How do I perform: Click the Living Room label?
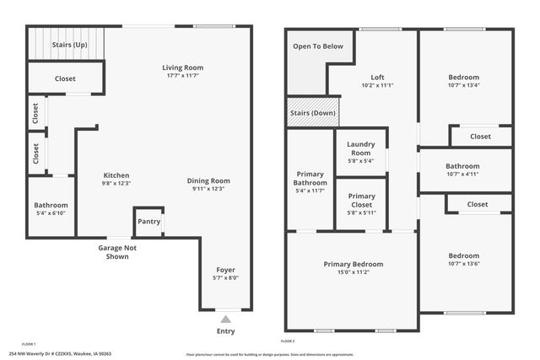pos(183,67)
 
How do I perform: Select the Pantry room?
pos(148,223)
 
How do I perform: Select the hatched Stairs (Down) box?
pos(310,113)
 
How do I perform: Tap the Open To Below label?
pos(318,46)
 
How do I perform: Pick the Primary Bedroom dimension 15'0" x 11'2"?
pos(353,272)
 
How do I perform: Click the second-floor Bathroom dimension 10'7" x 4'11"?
pos(462,175)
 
